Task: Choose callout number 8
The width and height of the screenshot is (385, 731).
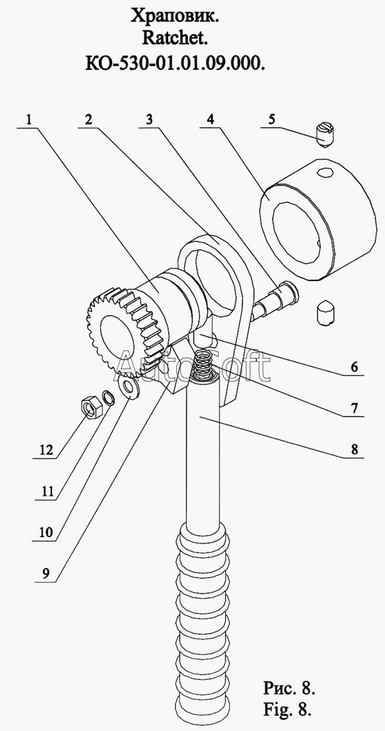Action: point(354,449)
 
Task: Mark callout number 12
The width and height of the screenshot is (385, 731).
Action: point(47,451)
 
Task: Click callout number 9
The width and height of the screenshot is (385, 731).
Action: point(45,573)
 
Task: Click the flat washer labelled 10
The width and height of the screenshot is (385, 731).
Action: point(128,388)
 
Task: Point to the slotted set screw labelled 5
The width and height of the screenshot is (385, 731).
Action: point(323,133)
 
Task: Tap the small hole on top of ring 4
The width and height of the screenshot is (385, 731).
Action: point(325,171)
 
